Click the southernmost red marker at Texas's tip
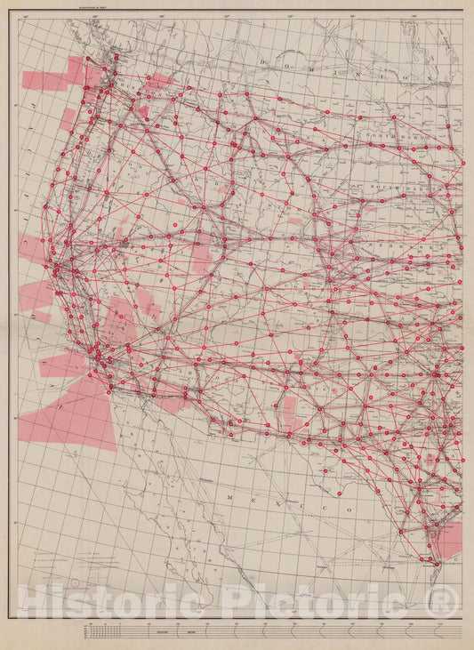[436, 561]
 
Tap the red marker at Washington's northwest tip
[114, 59]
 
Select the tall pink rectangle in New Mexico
[289, 410]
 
